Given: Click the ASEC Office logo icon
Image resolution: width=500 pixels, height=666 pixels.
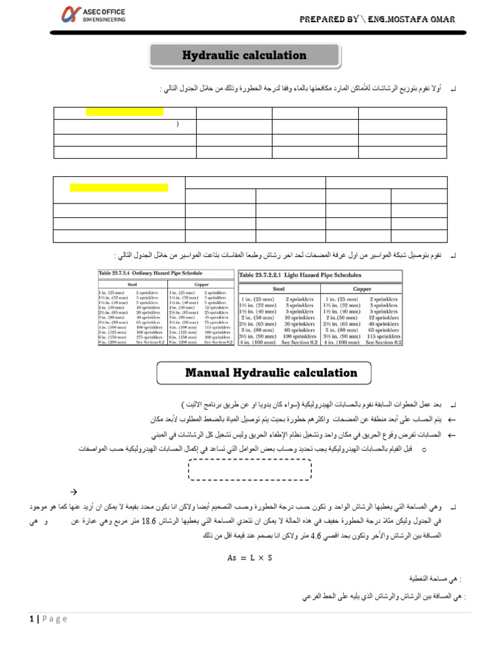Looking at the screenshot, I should click(70, 14).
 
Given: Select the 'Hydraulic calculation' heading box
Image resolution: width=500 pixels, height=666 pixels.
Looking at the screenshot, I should click(244, 56).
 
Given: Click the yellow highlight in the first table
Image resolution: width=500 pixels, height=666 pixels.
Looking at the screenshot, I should click(124, 112).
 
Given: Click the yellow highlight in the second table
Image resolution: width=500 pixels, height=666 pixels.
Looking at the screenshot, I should click(118, 188).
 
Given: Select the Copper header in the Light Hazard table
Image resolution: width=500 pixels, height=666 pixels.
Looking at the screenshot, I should click(361, 288).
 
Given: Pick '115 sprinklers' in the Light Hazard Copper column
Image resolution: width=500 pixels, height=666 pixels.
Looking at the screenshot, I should click(383, 336).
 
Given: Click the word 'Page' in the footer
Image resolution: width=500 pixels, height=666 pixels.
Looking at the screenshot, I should click(55, 619).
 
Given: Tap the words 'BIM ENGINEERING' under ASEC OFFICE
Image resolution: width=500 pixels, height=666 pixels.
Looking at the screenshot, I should click(105, 20).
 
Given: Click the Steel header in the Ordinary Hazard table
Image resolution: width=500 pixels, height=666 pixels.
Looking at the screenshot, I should click(132, 284).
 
